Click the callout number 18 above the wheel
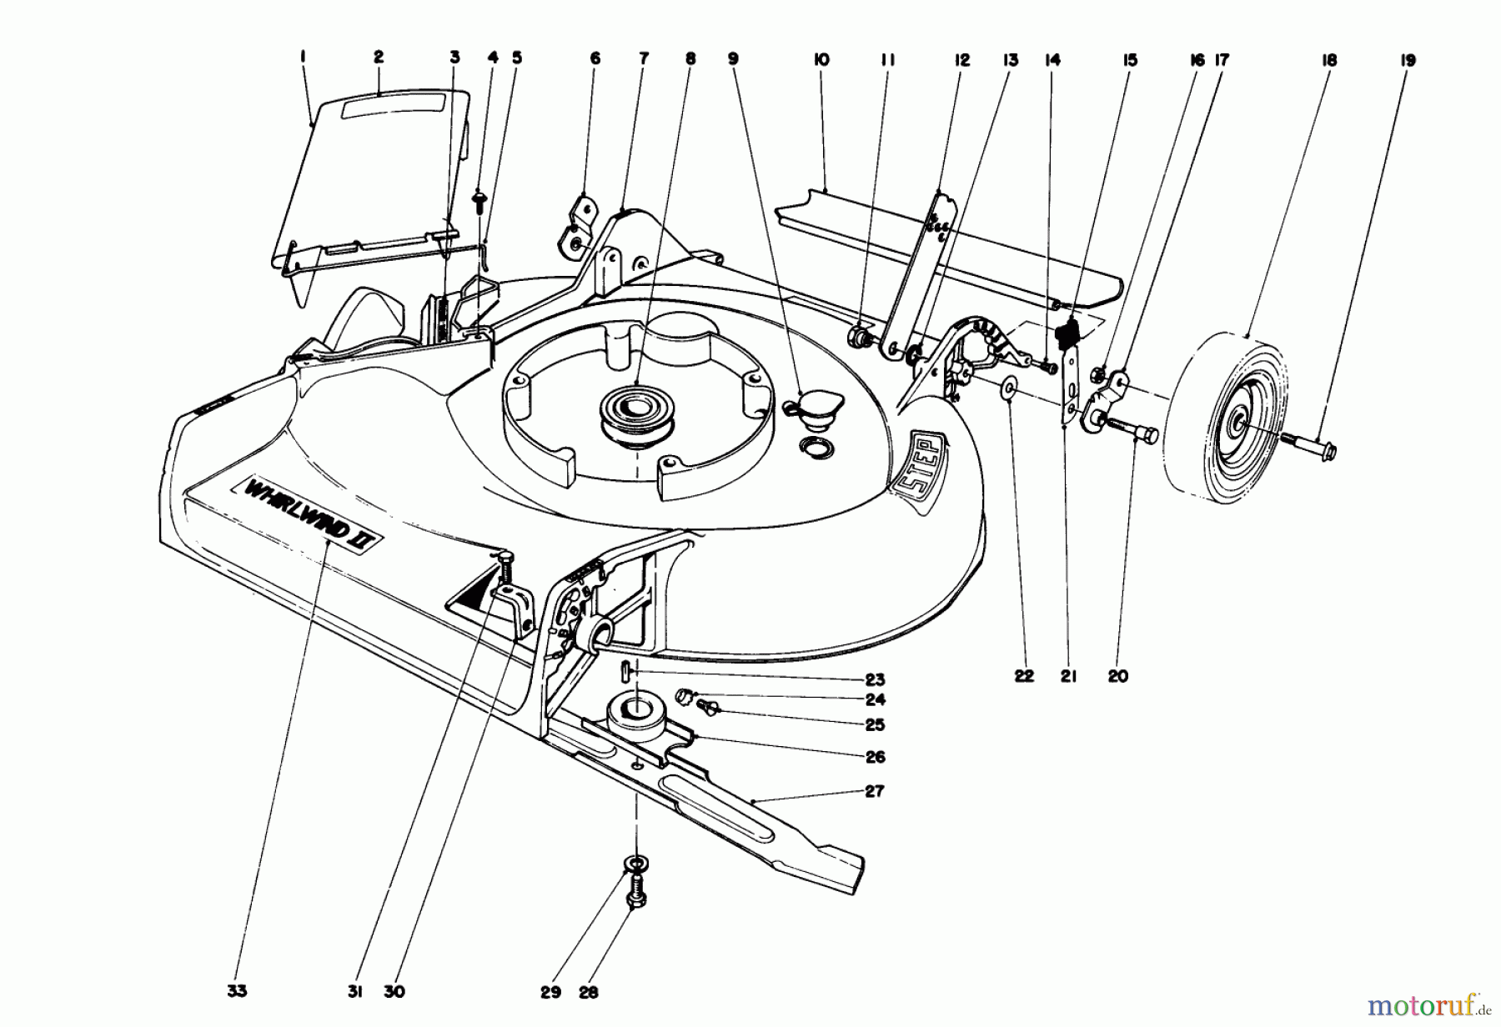point(1328,60)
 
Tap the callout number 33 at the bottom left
point(236,991)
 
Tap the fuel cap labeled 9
point(808,408)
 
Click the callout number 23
point(875,679)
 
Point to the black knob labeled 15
point(1067,334)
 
